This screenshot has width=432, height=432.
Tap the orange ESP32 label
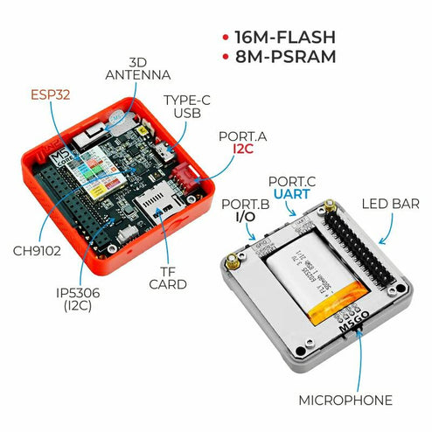click(50, 94)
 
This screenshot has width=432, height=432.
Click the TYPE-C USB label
click(188, 106)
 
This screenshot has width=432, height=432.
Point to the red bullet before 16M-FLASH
click(226, 38)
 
